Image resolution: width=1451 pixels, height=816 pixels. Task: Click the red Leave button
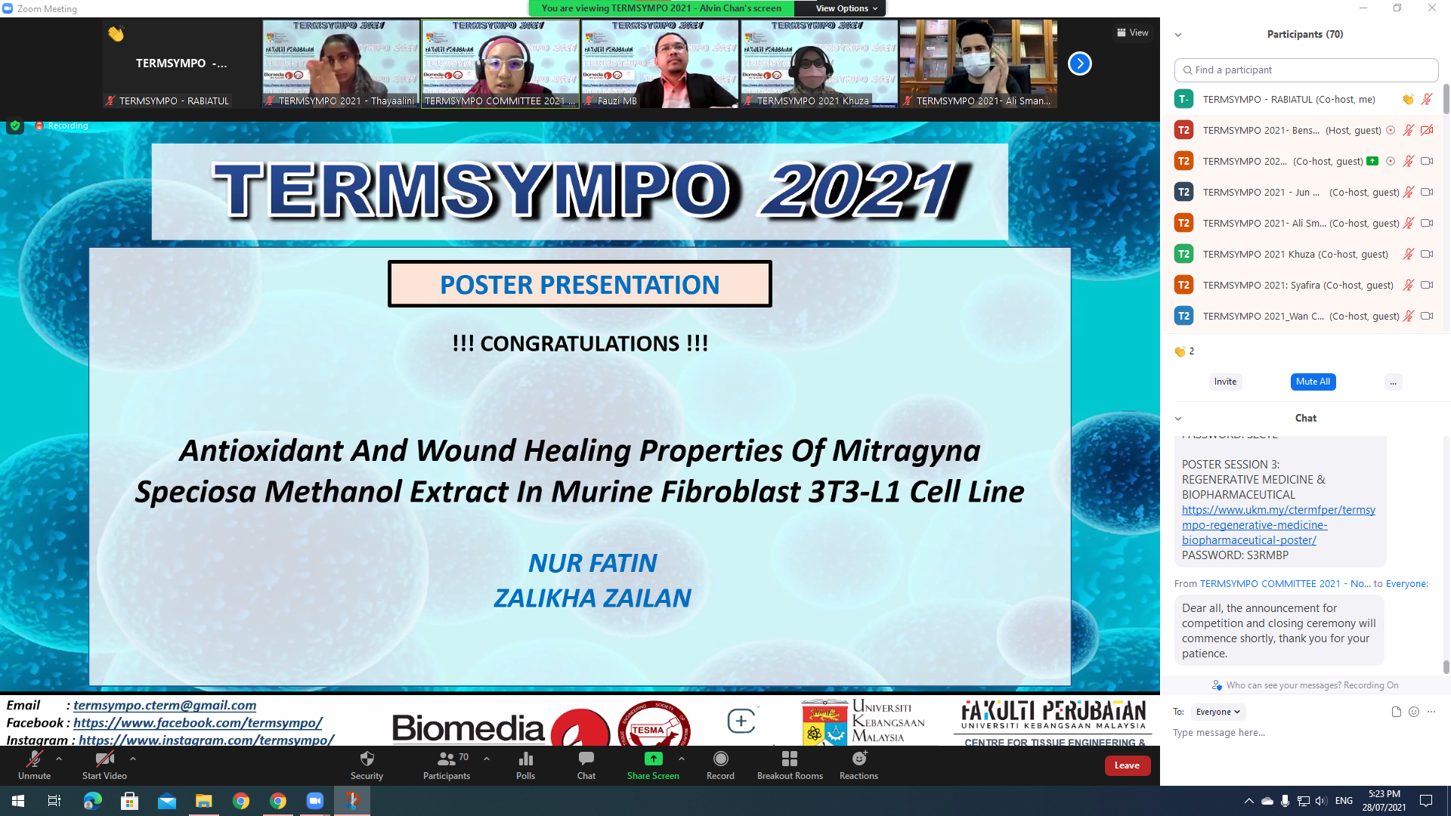point(1127,765)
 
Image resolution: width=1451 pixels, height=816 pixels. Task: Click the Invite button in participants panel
point(1225,382)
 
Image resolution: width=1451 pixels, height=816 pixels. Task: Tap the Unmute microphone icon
point(34,759)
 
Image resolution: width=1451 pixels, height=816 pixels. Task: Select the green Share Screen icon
point(653,759)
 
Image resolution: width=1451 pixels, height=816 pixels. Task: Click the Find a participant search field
point(1306,70)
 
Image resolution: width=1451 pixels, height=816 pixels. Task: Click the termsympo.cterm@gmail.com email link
point(165,705)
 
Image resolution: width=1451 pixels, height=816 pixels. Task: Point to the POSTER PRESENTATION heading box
point(580,284)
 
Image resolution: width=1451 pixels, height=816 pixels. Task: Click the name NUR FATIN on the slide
point(592,563)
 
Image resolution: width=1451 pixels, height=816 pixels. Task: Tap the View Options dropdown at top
point(846,8)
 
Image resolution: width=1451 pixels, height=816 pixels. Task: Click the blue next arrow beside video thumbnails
point(1079,63)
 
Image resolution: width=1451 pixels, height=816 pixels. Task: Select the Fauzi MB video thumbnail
point(659,63)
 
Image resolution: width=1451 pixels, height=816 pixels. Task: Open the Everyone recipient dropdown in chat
point(1217,712)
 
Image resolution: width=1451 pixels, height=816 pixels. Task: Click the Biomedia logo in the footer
point(468,728)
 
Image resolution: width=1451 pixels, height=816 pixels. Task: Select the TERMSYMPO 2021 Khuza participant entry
point(1295,254)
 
